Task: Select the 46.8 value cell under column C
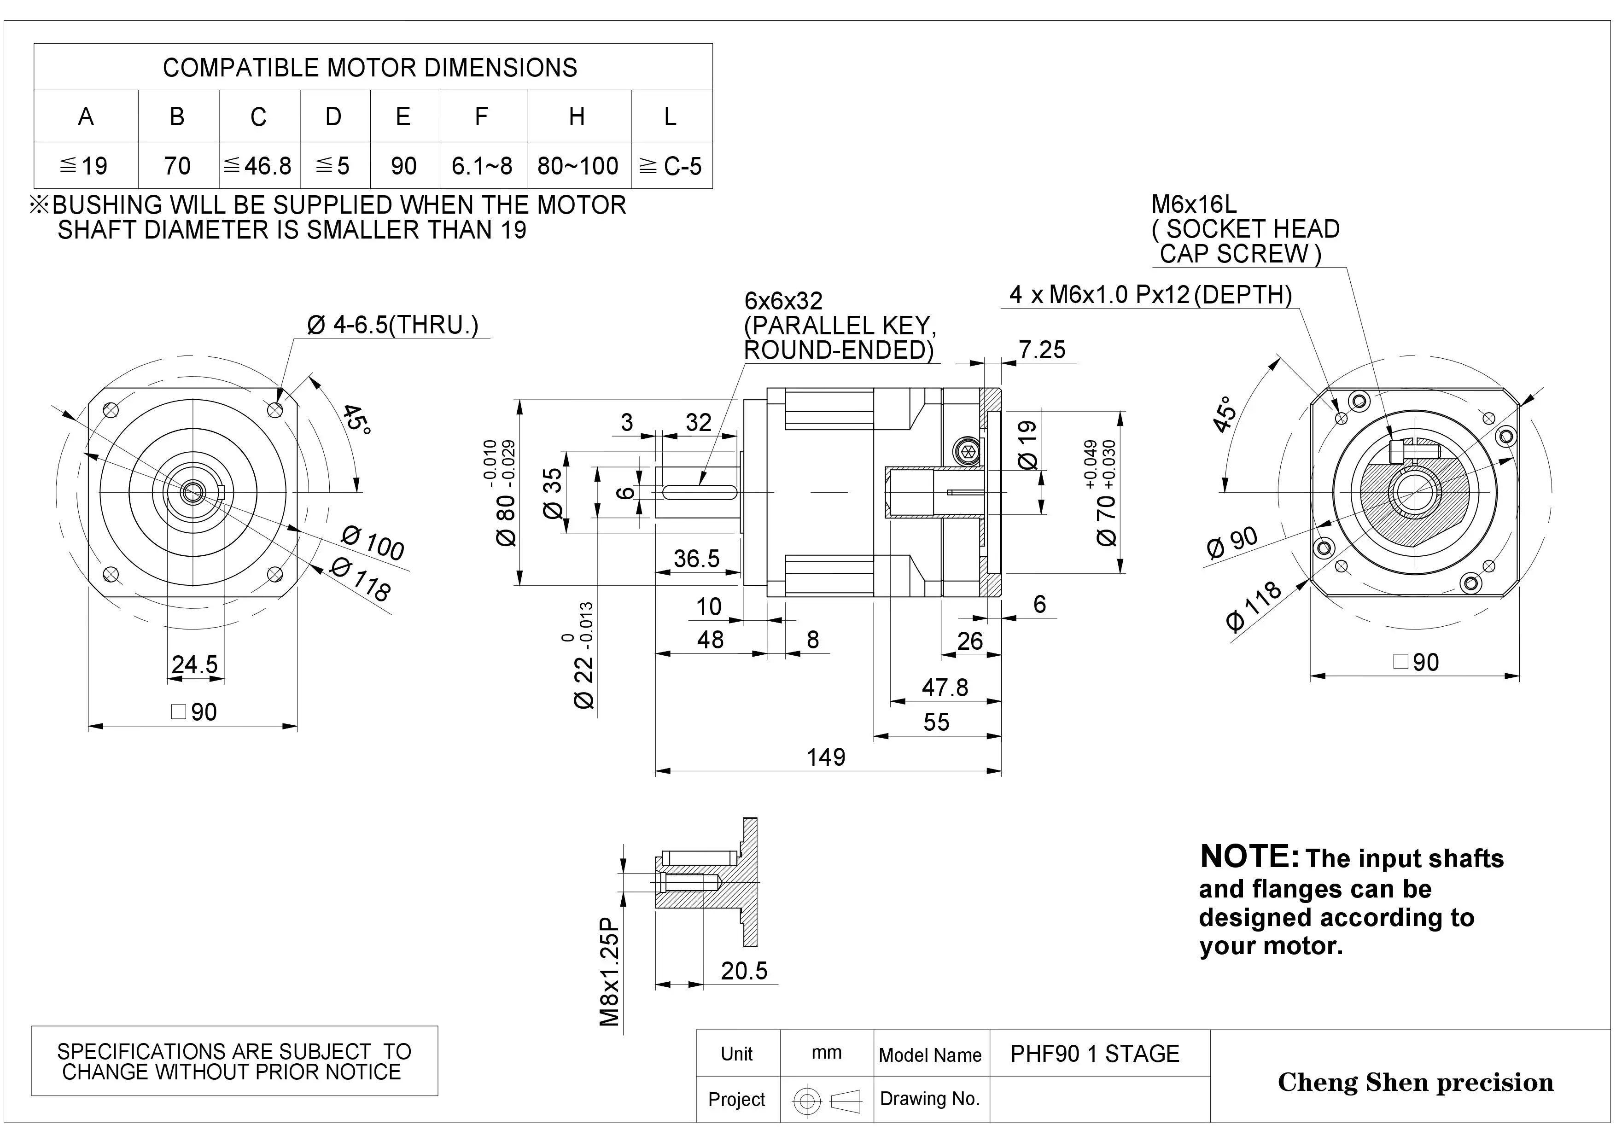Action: click(x=259, y=166)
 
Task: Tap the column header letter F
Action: click(x=481, y=116)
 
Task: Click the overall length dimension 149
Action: click(x=826, y=757)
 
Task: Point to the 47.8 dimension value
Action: click(x=945, y=688)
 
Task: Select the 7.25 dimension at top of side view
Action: click(x=1042, y=350)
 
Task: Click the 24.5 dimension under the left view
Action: click(x=195, y=664)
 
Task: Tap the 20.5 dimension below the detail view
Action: click(x=744, y=971)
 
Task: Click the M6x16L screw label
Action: click(x=1194, y=205)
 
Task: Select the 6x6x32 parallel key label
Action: click(x=783, y=301)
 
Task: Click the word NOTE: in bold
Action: click(x=1248, y=857)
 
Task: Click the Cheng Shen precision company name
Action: click(x=1415, y=1082)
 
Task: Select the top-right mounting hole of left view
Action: click(x=275, y=409)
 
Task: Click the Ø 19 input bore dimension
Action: click(x=1027, y=445)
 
